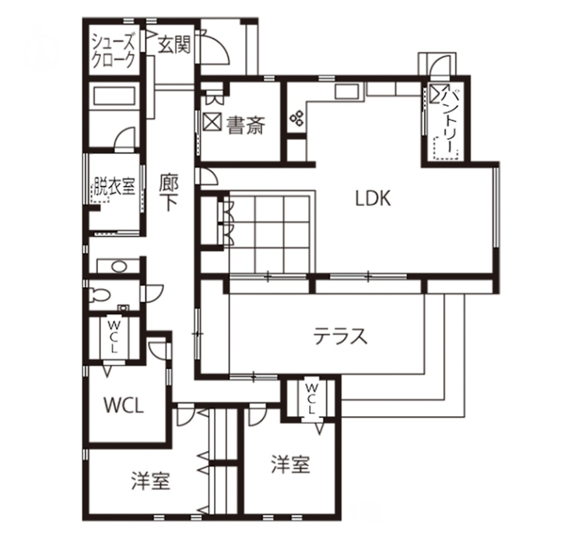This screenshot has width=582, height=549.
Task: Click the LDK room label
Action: pyautogui.click(x=373, y=198)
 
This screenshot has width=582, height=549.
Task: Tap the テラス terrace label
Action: pyautogui.click(x=340, y=337)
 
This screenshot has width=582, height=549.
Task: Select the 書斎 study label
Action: pyautogui.click(x=246, y=125)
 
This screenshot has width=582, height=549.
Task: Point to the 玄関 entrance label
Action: pyautogui.click(x=174, y=45)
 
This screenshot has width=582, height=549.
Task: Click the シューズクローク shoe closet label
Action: pyautogui.click(x=113, y=51)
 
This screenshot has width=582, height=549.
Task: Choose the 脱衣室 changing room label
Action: pyautogui.click(x=114, y=186)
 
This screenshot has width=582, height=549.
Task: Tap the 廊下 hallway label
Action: pyautogui.click(x=169, y=193)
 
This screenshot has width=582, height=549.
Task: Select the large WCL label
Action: pyautogui.click(x=123, y=405)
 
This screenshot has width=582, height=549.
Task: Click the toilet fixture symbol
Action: pyautogui.click(x=100, y=295)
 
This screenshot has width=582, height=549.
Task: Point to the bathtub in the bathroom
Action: pyautogui.click(x=114, y=96)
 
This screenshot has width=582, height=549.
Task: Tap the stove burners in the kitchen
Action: pyautogui.click(x=297, y=118)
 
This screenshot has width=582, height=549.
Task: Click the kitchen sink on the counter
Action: pyautogui.click(x=347, y=91)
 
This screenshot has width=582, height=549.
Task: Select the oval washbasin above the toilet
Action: pyautogui.click(x=119, y=267)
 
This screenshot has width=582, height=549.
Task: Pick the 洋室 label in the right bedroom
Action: pyautogui.click(x=291, y=464)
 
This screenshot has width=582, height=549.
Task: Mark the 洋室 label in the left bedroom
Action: pyautogui.click(x=150, y=481)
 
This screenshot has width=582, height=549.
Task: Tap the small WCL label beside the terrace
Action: pyautogui.click(x=311, y=399)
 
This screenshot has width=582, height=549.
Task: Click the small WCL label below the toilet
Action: pyautogui.click(x=113, y=337)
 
